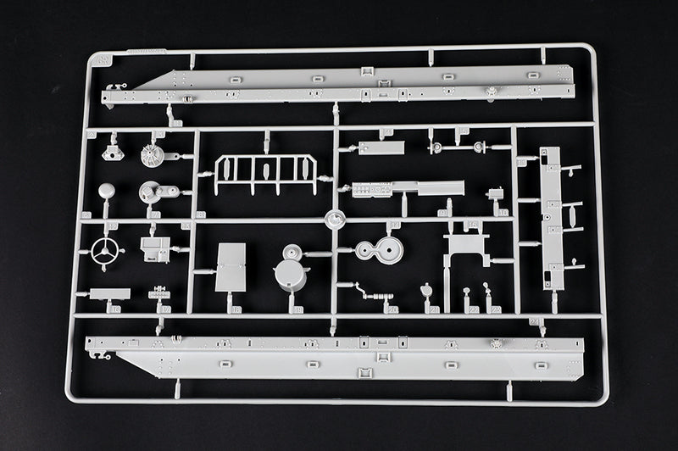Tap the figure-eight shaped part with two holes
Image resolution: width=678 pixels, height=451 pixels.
click(378, 251)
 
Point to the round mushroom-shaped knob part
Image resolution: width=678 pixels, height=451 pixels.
click(107, 191)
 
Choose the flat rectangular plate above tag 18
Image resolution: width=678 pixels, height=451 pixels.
click(231, 267)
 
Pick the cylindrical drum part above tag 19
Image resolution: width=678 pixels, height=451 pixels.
click(292, 271)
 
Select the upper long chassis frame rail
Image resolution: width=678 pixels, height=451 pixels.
click(339, 85)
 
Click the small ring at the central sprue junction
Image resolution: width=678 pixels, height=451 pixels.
click(336, 218)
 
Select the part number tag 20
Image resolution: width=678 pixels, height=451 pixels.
click(392, 310)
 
